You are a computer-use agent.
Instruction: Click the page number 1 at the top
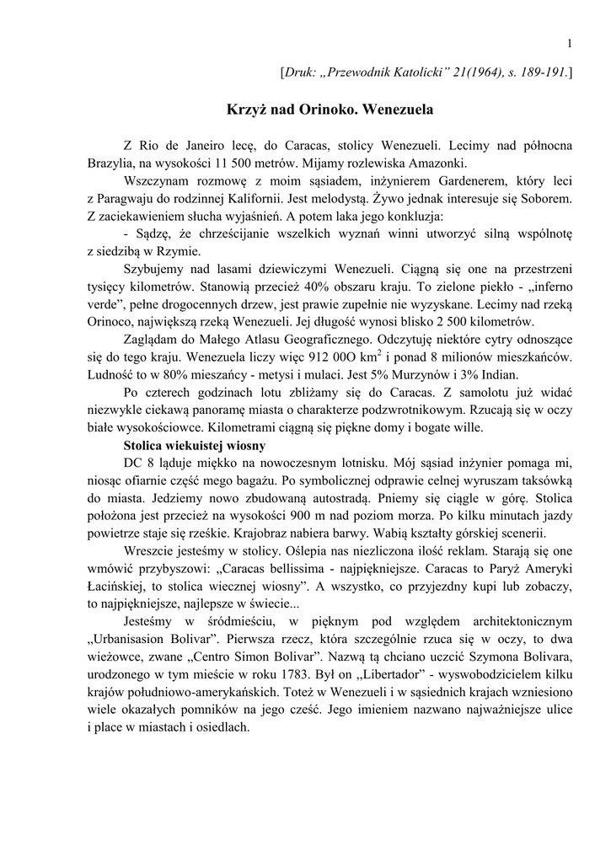click(x=571, y=44)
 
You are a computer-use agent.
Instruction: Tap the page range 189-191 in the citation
click(x=540, y=74)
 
